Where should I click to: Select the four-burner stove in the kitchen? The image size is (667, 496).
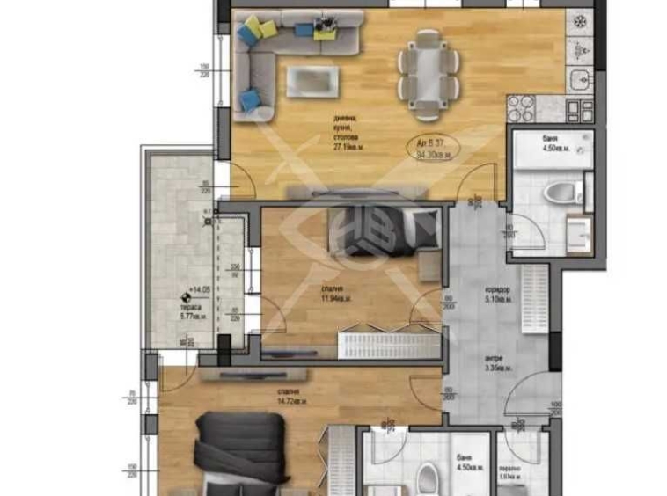point(521,110)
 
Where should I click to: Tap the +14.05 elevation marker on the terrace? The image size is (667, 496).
point(192,297)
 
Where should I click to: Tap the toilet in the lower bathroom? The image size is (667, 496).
point(428,479)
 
